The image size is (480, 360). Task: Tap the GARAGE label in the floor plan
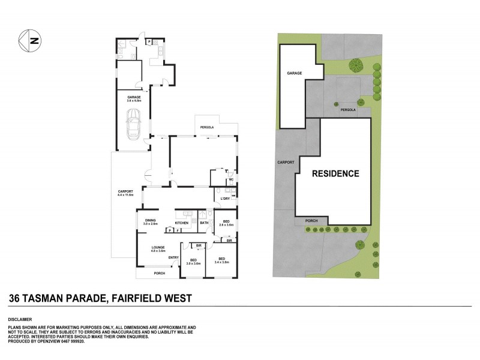coord(133,97)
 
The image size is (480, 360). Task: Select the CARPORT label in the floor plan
coord(125,192)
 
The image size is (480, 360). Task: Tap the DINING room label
coord(150,220)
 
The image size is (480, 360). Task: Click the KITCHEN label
coord(182,223)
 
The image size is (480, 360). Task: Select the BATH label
coord(204,223)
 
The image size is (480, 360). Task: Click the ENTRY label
coord(173,258)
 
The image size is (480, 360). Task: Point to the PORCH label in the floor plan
coord(159,274)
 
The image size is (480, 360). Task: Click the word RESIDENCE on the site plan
coord(335,174)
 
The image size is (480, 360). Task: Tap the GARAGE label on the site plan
coord(293,73)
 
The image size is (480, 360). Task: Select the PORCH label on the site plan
coord(311,221)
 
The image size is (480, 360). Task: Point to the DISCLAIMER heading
coord(19,319)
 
